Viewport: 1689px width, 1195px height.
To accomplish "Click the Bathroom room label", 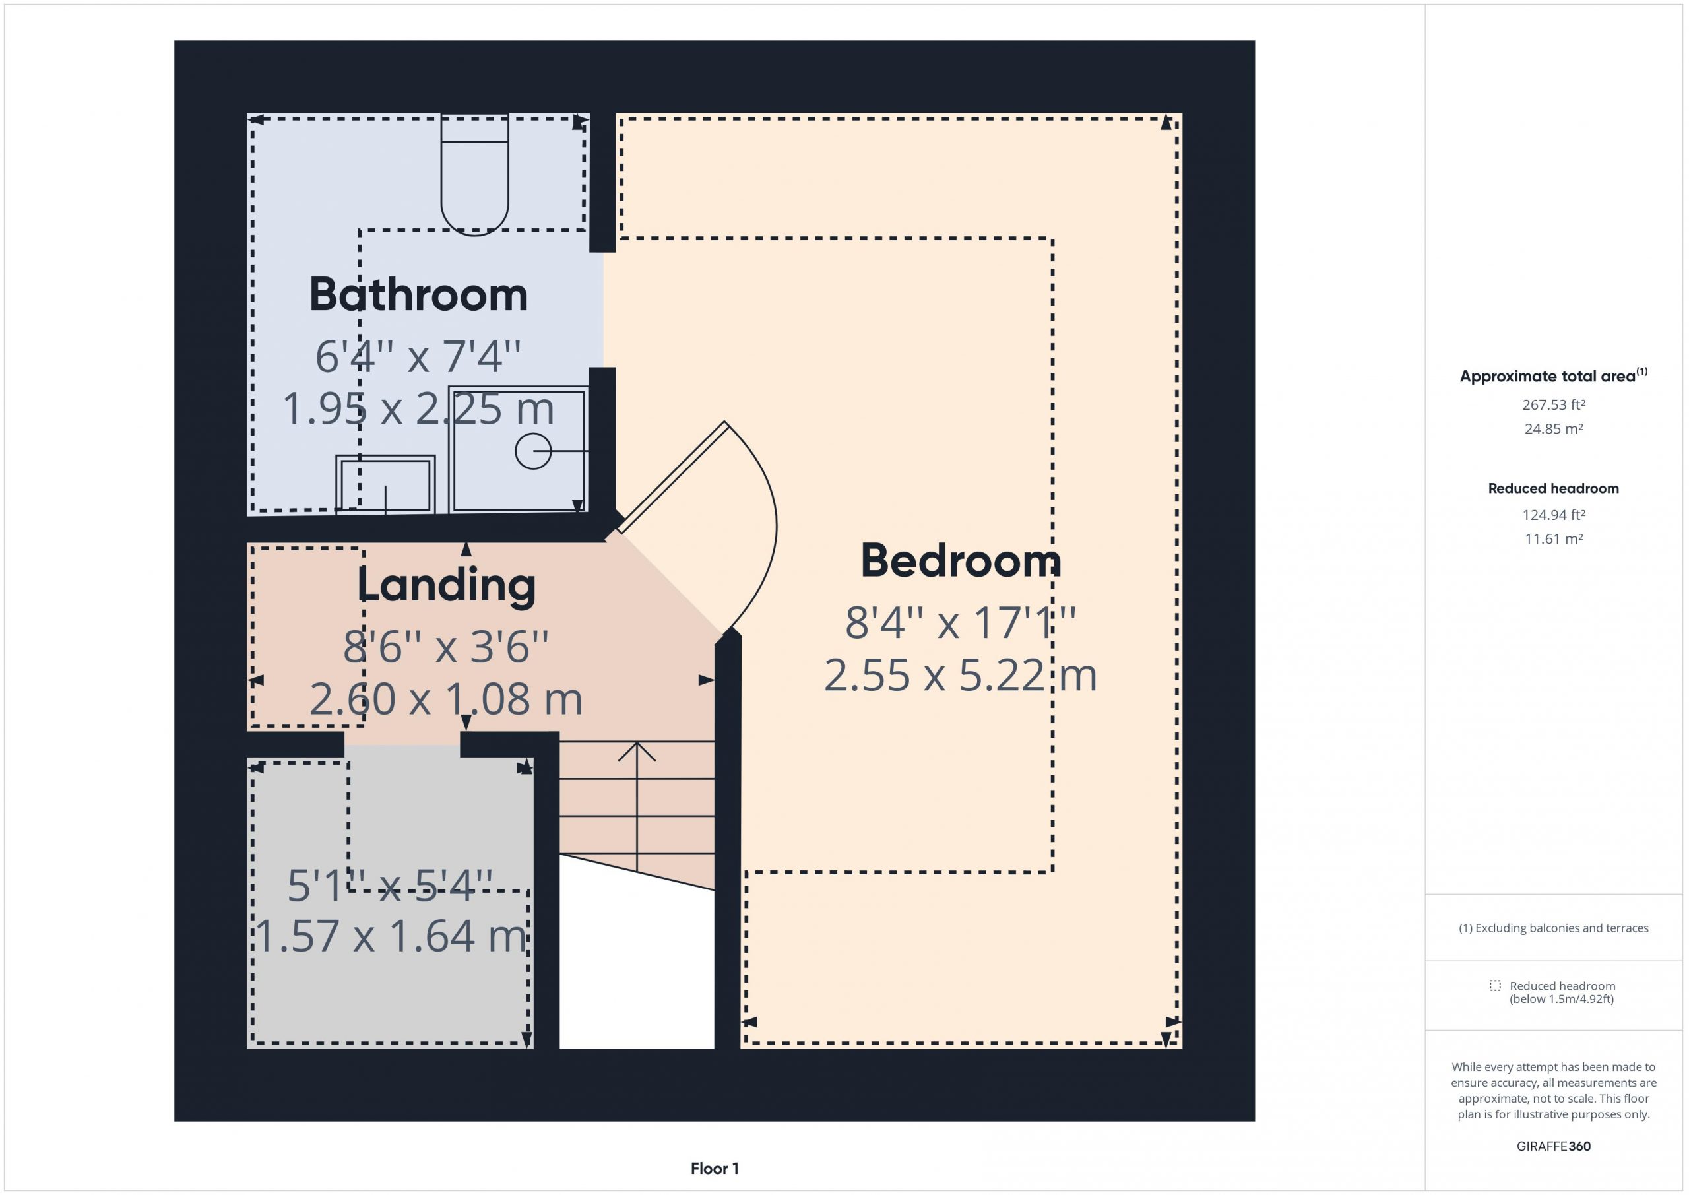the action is click(418, 294).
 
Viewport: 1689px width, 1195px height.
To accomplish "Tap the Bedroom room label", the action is click(961, 561).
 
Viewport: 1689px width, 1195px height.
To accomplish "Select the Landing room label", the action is click(447, 587).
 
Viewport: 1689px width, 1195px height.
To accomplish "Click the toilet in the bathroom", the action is click(474, 174).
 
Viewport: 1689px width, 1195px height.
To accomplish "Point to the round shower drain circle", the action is click(533, 451).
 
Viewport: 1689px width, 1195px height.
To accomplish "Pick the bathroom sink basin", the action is click(385, 484).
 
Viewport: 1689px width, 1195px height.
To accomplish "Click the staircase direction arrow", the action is click(636, 806).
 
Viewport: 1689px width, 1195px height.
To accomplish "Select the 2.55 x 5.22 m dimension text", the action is click(961, 676).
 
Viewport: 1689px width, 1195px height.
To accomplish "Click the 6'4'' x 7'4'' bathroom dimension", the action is click(418, 357).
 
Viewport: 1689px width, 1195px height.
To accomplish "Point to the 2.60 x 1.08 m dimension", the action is click(446, 699).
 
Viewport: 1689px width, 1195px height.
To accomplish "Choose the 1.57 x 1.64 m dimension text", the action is click(391, 936).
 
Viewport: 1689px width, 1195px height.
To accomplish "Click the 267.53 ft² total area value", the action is click(1553, 404).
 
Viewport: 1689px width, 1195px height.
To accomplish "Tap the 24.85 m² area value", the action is click(1553, 428).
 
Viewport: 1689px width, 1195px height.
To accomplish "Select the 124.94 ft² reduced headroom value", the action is click(1553, 515).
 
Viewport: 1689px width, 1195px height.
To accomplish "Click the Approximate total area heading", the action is click(1553, 375).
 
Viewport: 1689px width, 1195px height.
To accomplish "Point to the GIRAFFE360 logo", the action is click(1553, 1146).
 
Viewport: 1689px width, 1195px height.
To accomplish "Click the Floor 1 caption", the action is click(715, 1169).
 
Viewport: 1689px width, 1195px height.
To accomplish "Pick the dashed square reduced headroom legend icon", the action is click(1495, 985).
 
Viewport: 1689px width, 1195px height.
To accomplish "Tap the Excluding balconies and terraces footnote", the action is click(1553, 928).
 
